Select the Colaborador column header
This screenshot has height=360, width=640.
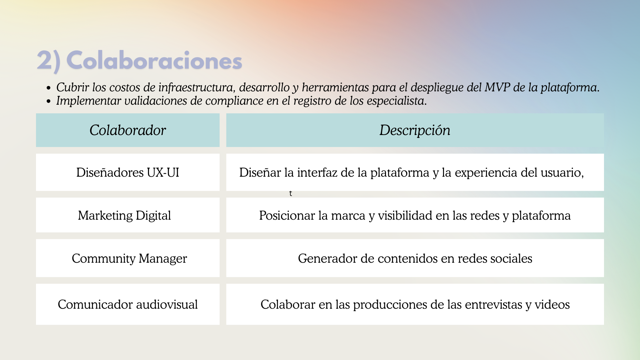tap(128, 130)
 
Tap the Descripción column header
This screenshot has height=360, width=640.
tap(415, 130)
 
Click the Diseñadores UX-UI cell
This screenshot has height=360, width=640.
tap(128, 172)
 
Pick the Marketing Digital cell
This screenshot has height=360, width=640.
tap(128, 215)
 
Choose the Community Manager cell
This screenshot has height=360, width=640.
tap(128, 258)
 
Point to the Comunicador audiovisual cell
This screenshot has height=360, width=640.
tap(128, 304)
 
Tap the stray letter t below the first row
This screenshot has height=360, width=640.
tap(291, 193)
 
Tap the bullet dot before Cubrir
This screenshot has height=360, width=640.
tap(49, 88)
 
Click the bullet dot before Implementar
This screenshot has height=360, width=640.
tap(49, 101)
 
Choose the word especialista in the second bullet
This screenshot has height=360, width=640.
tap(397, 101)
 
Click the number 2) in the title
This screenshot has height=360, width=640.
tap(49, 61)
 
